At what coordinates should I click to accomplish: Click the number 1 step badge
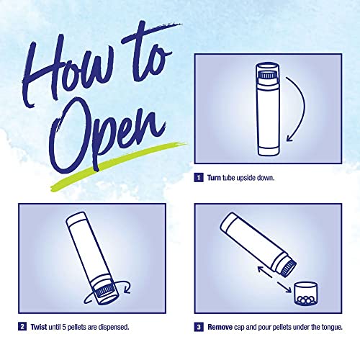[x=199, y=178]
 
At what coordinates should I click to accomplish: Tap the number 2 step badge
[x=22, y=327]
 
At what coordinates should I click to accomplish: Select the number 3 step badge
[x=199, y=327]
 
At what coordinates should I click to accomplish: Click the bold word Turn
[x=214, y=178]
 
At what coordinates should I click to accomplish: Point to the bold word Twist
[x=39, y=327]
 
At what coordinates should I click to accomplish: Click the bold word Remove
[x=220, y=327]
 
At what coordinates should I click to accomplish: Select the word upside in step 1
[x=246, y=179]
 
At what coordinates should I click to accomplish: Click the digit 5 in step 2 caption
[x=64, y=327]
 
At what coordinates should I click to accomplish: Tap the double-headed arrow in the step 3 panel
[x=274, y=279]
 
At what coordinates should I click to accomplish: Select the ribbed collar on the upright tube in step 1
[x=267, y=76]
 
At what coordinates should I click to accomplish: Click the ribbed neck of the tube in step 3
[x=288, y=269]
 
